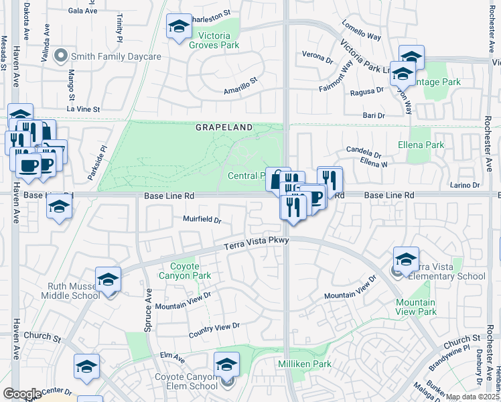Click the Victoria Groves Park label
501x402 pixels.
tap(214, 41)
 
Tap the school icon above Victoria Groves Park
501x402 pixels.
tap(178, 27)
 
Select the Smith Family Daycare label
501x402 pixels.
tap(117, 56)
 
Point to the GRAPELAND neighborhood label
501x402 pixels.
tap(224, 127)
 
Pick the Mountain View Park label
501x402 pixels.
tap(416, 307)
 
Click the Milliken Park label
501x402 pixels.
tap(305, 364)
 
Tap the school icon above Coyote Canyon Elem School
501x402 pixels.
tap(226, 365)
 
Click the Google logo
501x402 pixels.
tap(21, 393)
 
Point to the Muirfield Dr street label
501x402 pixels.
tap(202, 219)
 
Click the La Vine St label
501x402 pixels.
tap(83, 109)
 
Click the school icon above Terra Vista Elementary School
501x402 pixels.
tap(406, 259)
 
